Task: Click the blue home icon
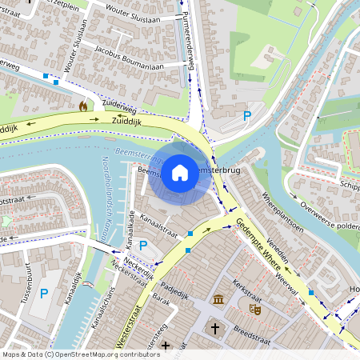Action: click(x=180, y=171)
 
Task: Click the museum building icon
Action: click(x=218, y=300)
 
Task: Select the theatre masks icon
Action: click(x=255, y=306)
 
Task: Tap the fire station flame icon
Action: click(x=82, y=105)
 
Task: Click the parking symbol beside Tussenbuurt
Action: click(x=44, y=294)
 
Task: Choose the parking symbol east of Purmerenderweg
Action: click(x=247, y=116)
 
